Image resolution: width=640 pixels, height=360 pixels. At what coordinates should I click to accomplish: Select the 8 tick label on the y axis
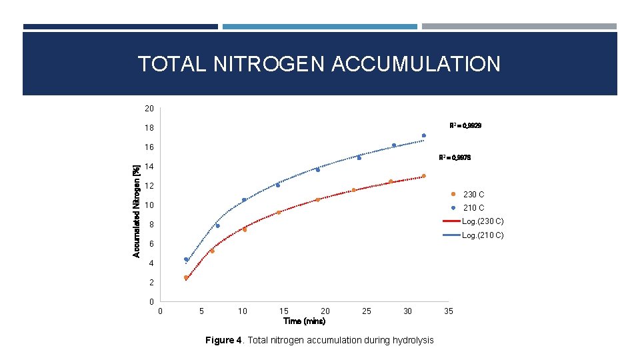click(151, 225)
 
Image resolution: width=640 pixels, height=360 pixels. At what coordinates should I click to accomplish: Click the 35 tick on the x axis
click(449, 311)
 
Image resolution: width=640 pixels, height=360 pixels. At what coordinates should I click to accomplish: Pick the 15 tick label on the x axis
click(284, 311)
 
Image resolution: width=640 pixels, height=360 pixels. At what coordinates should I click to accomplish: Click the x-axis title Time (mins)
click(305, 321)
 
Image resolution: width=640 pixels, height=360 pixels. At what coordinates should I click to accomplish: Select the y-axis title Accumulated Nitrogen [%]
click(137, 211)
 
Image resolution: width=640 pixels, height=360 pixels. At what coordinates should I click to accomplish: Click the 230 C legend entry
click(473, 195)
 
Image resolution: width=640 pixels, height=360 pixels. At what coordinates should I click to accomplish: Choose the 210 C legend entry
click(473, 208)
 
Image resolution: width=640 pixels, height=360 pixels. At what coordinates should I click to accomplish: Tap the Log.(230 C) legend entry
click(482, 221)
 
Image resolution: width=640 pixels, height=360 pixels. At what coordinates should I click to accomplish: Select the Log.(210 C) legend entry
click(482, 235)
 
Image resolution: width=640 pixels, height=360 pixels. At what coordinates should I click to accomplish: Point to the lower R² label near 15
click(455, 158)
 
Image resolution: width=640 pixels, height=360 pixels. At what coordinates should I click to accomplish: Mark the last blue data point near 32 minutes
click(423, 135)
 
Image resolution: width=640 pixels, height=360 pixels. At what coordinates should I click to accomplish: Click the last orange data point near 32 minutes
click(423, 176)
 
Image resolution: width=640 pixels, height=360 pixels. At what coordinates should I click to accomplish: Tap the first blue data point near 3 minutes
click(186, 259)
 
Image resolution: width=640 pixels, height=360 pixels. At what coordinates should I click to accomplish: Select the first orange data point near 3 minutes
click(186, 277)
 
